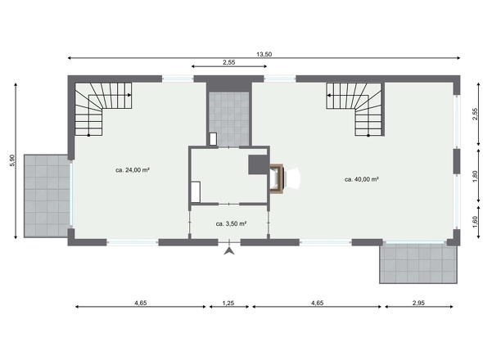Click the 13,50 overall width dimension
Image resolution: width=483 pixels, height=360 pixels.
pos(264,55)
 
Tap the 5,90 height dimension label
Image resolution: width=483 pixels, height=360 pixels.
pos(12,160)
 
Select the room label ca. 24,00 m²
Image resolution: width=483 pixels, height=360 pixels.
pos(133,169)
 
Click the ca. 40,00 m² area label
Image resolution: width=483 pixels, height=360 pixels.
pos(362,179)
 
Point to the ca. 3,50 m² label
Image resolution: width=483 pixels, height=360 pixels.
pos(231,223)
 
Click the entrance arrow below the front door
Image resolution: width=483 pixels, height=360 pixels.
pos(229,250)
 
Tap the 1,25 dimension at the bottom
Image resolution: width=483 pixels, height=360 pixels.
pos(228,303)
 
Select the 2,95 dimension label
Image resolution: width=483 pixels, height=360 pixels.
pos(418,303)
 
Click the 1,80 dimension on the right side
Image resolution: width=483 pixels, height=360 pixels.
pos(475,176)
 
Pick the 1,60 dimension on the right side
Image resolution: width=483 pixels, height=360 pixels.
pos(475,222)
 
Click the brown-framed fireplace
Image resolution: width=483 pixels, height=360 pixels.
pos(277,178)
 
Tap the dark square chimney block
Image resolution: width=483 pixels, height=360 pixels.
pos(259,164)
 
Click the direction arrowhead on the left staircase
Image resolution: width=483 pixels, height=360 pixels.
pos(129,95)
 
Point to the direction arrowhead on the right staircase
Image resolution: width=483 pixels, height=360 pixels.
pos(329,96)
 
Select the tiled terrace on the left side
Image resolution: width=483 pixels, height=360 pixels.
pos(47,196)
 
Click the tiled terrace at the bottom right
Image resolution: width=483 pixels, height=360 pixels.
pos(418,262)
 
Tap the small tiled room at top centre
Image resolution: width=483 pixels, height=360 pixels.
pos(229,119)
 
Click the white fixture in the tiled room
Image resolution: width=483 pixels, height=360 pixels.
pos(213,139)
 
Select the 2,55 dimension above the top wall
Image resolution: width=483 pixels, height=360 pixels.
pos(229,62)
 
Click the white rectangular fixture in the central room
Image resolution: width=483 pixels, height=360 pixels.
pos(196,192)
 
